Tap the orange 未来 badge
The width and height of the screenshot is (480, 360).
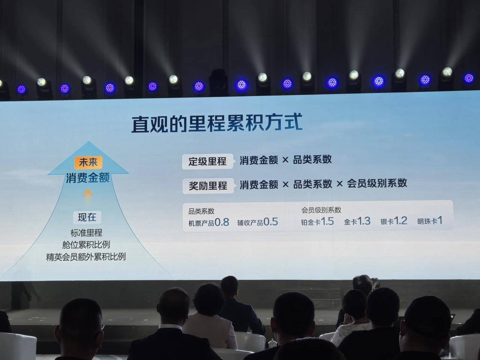click(x=88, y=162)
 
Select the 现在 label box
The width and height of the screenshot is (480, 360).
click(x=87, y=217)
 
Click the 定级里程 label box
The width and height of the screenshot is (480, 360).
click(x=207, y=162)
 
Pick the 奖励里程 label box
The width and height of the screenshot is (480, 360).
click(x=208, y=186)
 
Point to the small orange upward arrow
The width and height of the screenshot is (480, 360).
click(x=88, y=196)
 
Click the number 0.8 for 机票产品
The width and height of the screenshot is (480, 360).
click(x=222, y=222)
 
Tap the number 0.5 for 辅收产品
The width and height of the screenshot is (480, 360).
click(x=271, y=222)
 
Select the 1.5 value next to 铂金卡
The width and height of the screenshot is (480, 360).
click(x=327, y=221)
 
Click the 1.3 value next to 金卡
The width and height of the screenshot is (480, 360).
click(x=364, y=221)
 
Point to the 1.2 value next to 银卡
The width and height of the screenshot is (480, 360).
click(x=400, y=221)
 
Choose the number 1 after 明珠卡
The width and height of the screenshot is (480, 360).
click(x=440, y=220)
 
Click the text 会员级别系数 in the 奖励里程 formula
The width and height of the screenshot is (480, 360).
click(x=377, y=183)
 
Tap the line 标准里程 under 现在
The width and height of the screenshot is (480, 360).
click(x=86, y=233)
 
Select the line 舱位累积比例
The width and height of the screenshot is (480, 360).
click(x=86, y=245)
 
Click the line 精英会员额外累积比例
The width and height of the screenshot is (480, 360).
click(x=86, y=257)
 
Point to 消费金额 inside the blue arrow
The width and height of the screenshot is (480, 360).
click(x=88, y=178)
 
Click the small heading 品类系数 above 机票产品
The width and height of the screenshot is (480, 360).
click(x=201, y=211)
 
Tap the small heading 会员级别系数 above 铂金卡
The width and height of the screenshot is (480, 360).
click(x=321, y=210)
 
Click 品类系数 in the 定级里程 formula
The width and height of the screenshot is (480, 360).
click(x=312, y=160)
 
